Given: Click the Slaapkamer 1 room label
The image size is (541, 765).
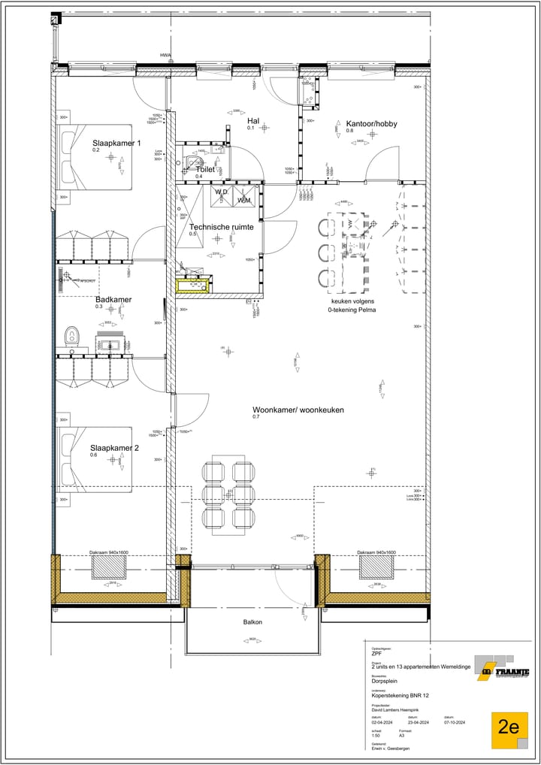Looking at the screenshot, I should tap(116, 143).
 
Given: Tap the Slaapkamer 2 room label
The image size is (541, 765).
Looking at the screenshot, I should tap(114, 448).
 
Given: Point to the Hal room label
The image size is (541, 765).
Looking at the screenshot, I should tap(253, 120).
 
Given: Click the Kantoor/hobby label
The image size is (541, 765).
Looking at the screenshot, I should tap(371, 123).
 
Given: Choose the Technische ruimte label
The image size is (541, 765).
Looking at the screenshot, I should tap(220, 226).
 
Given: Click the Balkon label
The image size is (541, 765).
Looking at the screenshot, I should tap(252, 622).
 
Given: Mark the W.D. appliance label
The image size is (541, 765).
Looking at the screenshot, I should tap(221, 192).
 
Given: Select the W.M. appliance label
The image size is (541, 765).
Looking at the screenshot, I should tap(244, 201).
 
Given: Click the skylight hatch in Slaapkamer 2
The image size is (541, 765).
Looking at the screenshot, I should tap(109, 567).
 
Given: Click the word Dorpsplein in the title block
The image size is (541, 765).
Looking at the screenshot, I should tap(385, 682).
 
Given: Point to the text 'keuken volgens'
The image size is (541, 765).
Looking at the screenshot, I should tap(351, 301).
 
